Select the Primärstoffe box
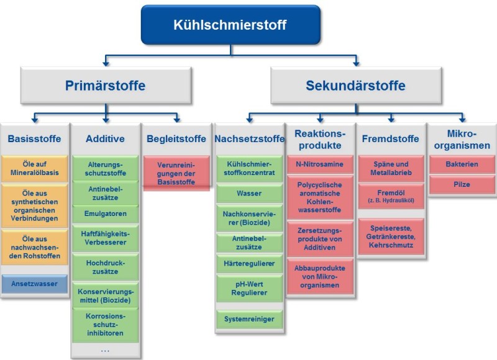[106, 86]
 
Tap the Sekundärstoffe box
[355, 86]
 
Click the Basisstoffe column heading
[34, 138]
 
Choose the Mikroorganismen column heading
[461, 139]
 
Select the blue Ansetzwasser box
[34, 284]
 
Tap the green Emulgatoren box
[105, 214]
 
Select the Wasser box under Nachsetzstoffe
[249, 194]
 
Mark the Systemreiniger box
[249, 319]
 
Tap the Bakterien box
[461, 165]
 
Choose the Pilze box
[461, 184]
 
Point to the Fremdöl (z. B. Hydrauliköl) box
[391, 197]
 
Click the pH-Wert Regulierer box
[249, 287]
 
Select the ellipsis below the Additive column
[105, 349]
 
